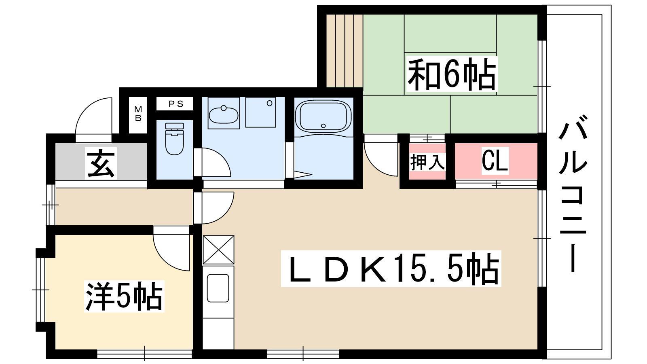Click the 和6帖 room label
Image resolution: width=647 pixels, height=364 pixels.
tap(452, 74)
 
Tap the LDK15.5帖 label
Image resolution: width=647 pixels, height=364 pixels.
tap(391, 269)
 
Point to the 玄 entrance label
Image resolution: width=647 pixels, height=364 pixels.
tap(101, 163)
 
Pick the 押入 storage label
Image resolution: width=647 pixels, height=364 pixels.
tap(427, 162)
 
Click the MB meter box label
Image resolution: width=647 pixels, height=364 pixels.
tap(138, 114)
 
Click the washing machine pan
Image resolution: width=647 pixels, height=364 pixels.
tap(260, 112)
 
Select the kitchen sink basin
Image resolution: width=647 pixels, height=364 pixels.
tap(218, 288)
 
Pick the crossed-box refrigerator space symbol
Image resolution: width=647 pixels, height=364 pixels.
tap(218, 250)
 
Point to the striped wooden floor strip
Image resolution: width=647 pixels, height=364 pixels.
tap(345, 51)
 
